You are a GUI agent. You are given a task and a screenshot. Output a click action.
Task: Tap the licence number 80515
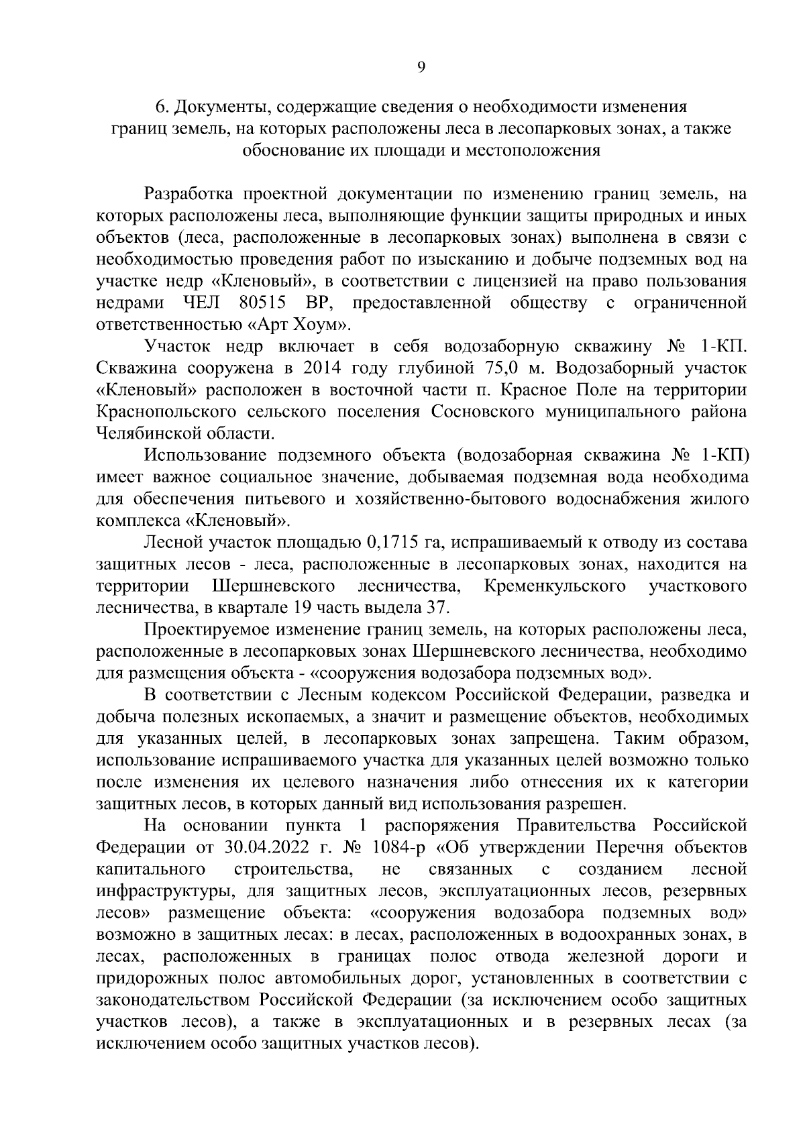[262, 303]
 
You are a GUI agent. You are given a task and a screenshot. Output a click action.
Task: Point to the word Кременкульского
[555, 586]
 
